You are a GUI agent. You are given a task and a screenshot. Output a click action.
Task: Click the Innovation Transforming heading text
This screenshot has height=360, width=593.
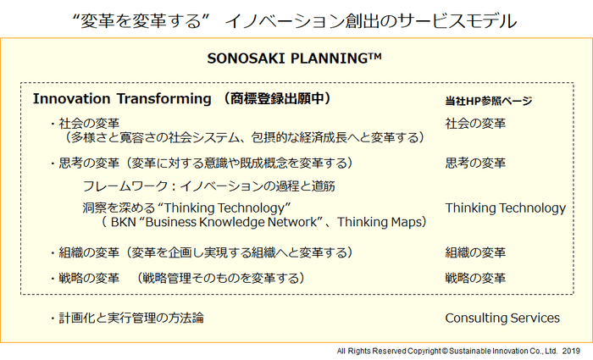[x=122, y=99]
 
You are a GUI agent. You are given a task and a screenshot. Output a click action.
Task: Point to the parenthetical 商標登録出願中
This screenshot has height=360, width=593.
[x=277, y=99]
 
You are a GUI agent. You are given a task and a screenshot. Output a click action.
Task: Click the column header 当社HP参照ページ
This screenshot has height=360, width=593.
[x=488, y=101]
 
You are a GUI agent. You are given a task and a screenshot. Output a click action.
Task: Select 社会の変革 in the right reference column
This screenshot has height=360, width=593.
[x=475, y=124]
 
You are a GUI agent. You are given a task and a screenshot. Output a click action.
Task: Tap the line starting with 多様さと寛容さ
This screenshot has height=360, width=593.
[x=244, y=137]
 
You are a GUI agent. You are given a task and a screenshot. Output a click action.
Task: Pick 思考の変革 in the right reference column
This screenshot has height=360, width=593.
[x=475, y=163]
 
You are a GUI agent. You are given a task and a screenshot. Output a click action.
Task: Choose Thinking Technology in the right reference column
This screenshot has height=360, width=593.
[x=505, y=208]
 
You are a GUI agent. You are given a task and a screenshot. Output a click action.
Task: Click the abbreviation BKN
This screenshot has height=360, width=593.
[x=124, y=223]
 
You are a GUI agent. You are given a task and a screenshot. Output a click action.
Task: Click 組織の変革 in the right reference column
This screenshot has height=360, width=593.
[x=475, y=252]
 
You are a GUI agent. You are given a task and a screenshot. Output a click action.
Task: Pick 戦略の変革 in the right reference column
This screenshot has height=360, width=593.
[x=475, y=277]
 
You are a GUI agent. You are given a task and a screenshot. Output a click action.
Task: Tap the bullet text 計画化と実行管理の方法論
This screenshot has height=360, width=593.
[x=130, y=318]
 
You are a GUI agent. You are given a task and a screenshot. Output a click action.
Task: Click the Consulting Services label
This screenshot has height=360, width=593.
[x=502, y=318]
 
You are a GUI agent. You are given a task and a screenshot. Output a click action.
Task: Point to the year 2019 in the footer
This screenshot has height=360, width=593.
[x=570, y=350]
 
